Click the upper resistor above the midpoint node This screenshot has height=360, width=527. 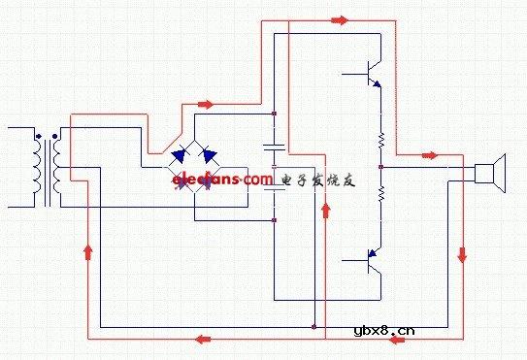pos(381,144)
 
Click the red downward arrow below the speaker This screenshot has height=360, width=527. pos(461,254)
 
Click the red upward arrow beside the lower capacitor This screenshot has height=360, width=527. pos(325,211)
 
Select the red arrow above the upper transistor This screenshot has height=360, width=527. pos(339,18)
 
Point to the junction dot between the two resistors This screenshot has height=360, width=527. pos(381,167)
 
